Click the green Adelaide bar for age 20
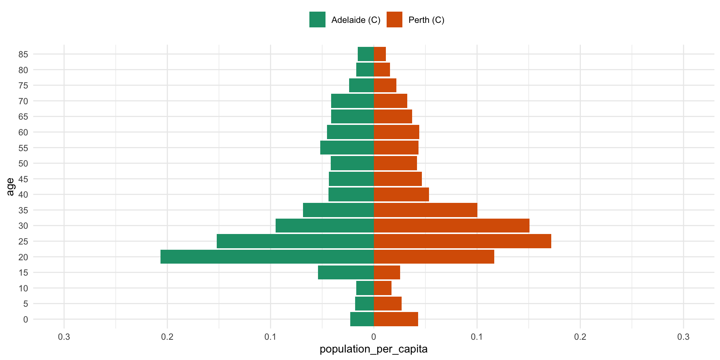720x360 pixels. coord(267,257)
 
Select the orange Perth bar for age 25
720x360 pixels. coord(462,241)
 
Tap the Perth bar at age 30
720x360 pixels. coord(451,226)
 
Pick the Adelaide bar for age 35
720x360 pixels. coord(338,210)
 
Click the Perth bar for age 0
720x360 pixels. coord(396,319)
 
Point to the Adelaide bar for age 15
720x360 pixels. coord(346,273)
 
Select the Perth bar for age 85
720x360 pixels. coord(380,54)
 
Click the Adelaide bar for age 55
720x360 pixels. coord(347,148)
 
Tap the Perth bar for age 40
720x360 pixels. coord(401,195)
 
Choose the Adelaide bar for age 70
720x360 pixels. coord(352,101)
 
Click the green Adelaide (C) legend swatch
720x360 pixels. coord(317,20)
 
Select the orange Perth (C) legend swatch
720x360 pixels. coord(394,20)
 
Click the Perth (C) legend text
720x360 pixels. coord(426,20)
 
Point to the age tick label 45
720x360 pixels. coord(23,179)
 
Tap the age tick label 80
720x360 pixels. coord(23,70)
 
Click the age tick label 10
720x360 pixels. coord(23,288)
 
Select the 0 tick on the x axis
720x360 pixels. coord(373,337)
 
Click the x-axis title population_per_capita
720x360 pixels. coord(373,349)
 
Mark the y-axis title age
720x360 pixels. coord(10,187)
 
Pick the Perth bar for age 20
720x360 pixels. coord(434,257)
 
